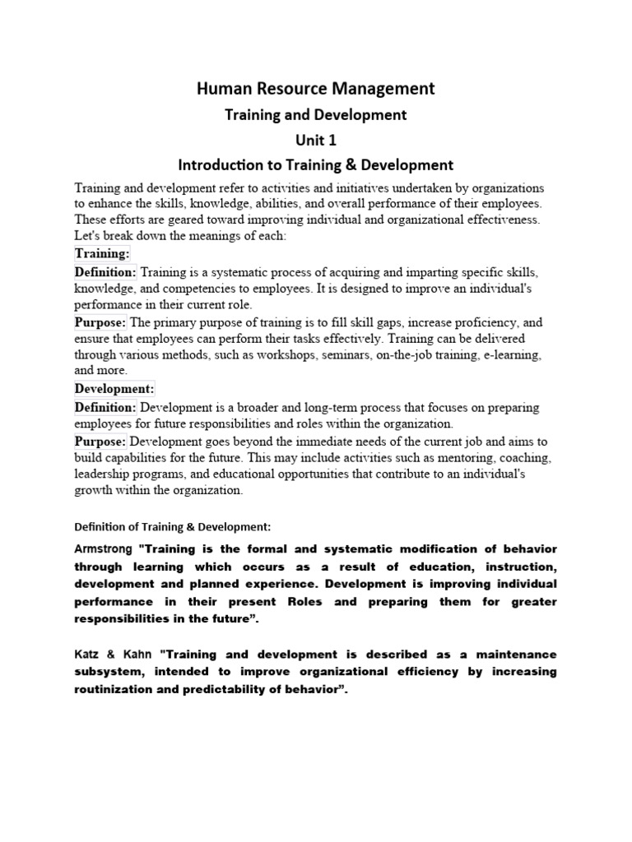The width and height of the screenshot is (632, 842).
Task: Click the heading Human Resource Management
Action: (x=315, y=88)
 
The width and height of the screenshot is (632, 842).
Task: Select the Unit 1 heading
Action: (x=315, y=140)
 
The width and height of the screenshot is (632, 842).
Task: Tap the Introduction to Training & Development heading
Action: (x=315, y=165)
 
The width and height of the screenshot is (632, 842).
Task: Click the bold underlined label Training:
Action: (x=102, y=253)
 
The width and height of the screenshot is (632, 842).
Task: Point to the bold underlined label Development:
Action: (x=114, y=388)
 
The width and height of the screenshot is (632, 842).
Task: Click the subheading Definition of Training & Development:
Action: (x=172, y=526)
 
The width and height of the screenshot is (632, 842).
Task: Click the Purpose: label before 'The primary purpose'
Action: (x=100, y=322)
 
